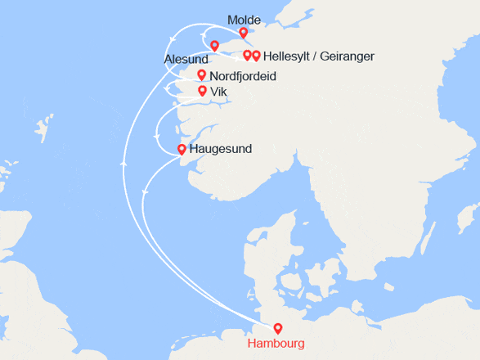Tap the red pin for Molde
pyautogui.click(x=243, y=33)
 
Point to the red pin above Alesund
pyautogui.click(x=214, y=46)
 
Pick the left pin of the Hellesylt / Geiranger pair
pyautogui.click(x=248, y=55)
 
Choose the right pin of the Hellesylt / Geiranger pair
pyautogui.click(x=257, y=56)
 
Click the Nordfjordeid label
pyautogui.click(x=243, y=76)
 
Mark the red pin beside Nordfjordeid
pyautogui.click(x=202, y=75)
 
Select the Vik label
pyautogui.click(x=218, y=92)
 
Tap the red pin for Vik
pyautogui.click(x=202, y=91)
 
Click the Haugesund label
pyautogui.click(x=220, y=150)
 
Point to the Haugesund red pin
pyautogui.click(x=182, y=150)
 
